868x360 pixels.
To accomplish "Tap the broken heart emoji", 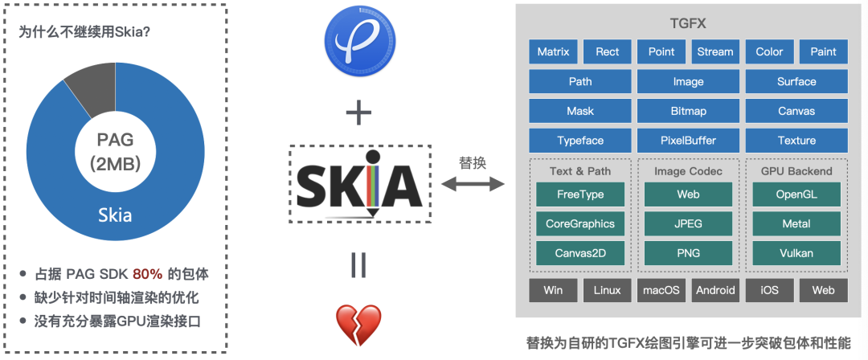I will coord(358,321).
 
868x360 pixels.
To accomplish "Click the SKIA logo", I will coord(359,183).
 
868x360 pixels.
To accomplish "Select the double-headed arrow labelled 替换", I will coord(473,184).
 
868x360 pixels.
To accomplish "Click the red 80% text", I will coord(148,273).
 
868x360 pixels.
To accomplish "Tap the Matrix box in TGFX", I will coord(553,52).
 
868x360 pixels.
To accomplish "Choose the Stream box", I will coord(714,52).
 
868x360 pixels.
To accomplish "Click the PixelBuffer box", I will coord(688,141).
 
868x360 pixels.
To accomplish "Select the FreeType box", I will coord(579,194).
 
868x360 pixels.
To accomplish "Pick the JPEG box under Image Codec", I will coord(688,224).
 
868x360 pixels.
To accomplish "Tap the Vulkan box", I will coord(796,253).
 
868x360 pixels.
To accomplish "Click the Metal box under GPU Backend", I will coord(796,224).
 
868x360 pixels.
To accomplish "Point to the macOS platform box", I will coord(661,290).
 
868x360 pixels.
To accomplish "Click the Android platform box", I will coord(715,290).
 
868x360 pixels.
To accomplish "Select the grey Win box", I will coord(553,290).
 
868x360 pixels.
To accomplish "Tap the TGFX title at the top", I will coord(687,24).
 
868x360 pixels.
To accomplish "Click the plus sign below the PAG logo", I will coord(358,113).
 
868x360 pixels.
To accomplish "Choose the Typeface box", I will coord(579,141).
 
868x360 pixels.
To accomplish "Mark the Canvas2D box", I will coord(579,253).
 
